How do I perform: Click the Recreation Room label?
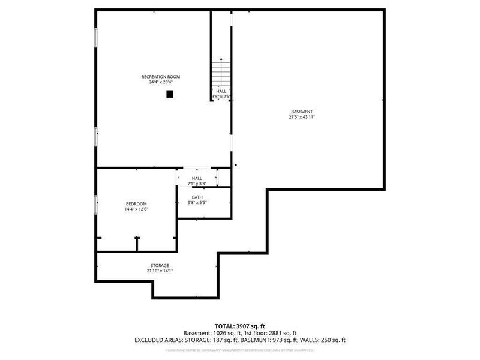coord(160,77)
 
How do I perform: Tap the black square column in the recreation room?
coord(170,94)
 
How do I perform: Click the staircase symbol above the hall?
coord(221,72)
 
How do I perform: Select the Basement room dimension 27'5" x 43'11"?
coord(302,118)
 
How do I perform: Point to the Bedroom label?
coord(136,204)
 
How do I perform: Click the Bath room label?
coord(197,197)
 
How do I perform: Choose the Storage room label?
coord(160,265)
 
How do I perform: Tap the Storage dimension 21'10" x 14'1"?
coord(160,271)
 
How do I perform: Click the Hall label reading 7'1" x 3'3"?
coord(197,184)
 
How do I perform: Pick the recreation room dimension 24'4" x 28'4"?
coord(160,83)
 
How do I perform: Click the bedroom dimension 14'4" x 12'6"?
coord(136,210)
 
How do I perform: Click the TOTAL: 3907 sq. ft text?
coord(240,326)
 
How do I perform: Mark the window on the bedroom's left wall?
coord(95,205)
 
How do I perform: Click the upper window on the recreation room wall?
coord(95,37)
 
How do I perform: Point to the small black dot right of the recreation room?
coord(236,166)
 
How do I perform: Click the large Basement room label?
coord(302,112)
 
